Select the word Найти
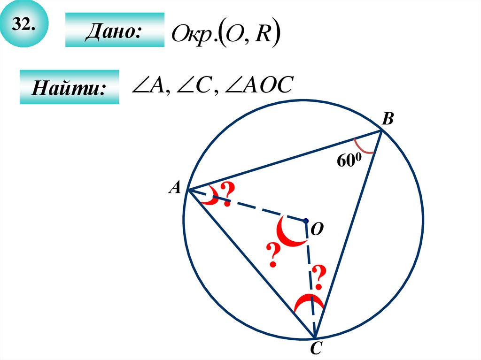(x=69, y=88)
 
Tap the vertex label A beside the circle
(x=175, y=188)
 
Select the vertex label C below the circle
(x=315, y=350)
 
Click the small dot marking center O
(x=305, y=220)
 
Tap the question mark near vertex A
(x=227, y=191)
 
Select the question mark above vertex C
(x=318, y=277)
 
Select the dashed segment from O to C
(x=310, y=277)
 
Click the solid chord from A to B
(x=282, y=161)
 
